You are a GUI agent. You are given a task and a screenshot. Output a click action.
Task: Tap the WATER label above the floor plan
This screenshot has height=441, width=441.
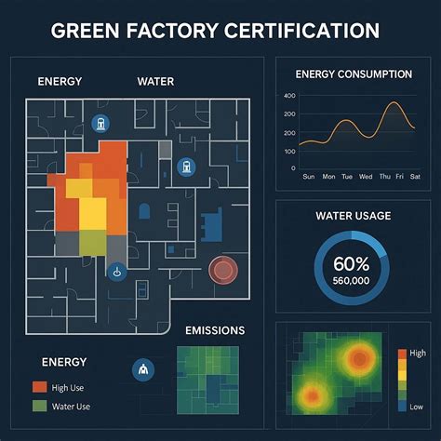(x=155, y=81)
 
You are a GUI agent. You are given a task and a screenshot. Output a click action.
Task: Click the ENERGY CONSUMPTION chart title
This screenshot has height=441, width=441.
(x=354, y=73)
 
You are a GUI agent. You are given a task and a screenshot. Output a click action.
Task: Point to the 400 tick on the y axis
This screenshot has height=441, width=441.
(x=288, y=96)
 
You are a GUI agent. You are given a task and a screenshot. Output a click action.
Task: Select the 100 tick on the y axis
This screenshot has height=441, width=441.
(x=288, y=151)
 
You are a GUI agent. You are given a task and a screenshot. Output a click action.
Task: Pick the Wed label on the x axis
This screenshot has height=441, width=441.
(x=363, y=176)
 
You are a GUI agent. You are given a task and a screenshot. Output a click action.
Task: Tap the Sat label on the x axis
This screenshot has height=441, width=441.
(x=417, y=176)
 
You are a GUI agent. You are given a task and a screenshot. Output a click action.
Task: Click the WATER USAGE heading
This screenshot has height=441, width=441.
(x=354, y=216)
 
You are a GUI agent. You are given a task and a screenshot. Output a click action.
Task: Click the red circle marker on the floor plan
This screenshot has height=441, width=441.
(x=224, y=270)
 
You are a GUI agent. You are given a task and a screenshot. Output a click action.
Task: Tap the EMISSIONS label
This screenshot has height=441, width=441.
(x=215, y=330)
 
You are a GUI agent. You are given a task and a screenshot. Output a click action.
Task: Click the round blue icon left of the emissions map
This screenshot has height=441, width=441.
(x=143, y=369)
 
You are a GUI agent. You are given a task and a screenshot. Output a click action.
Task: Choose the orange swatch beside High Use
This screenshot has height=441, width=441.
(x=39, y=386)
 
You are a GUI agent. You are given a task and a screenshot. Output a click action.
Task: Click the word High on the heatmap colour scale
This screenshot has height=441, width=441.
(x=416, y=354)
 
